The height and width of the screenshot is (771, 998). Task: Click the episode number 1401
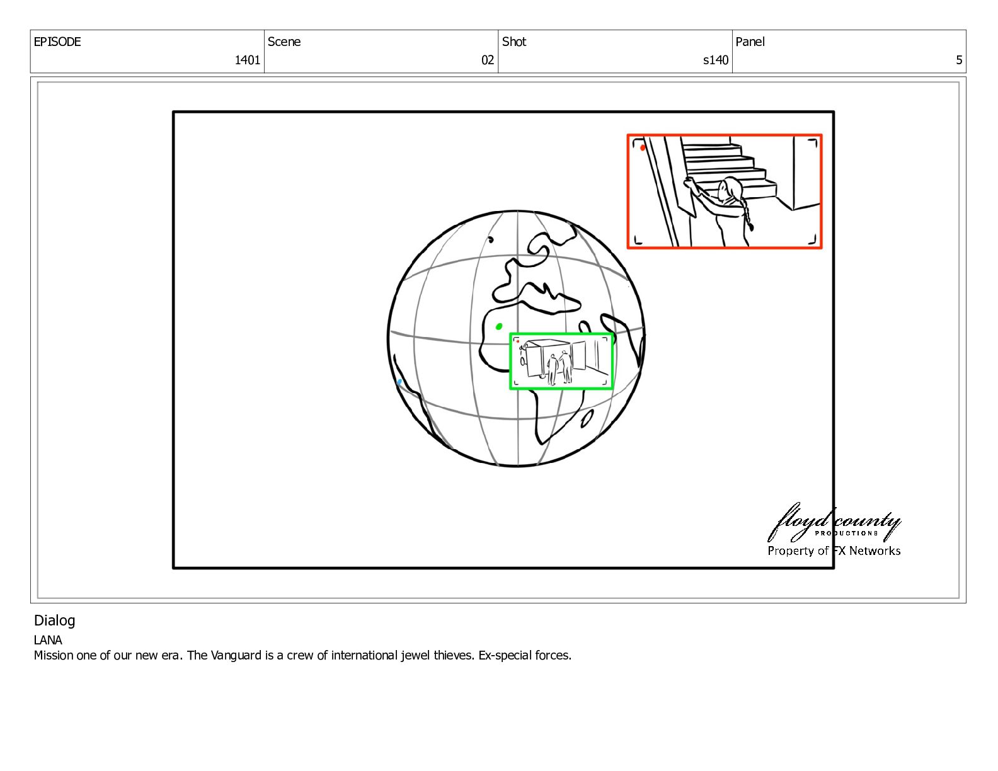(247, 60)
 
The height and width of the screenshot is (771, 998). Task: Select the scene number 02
(487, 60)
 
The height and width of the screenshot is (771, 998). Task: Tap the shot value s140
(716, 60)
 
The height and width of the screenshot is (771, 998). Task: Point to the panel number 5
(959, 60)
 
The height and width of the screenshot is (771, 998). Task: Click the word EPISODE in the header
(57, 42)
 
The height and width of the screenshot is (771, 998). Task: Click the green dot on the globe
(499, 326)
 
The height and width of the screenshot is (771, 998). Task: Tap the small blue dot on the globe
(399, 382)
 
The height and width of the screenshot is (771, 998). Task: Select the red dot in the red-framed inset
(642, 147)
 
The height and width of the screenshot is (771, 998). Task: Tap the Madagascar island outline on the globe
(587, 418)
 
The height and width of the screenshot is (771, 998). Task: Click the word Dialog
(54, 620)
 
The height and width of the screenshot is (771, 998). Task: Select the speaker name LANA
(48, 640)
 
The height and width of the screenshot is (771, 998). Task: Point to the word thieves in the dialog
(454, 655)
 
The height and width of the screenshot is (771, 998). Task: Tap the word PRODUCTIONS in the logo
(846, 534)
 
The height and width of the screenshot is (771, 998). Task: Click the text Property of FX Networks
(834, 551)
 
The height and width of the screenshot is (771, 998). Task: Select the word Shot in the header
(514, 42)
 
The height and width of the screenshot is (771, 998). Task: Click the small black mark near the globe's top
(491, 239)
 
